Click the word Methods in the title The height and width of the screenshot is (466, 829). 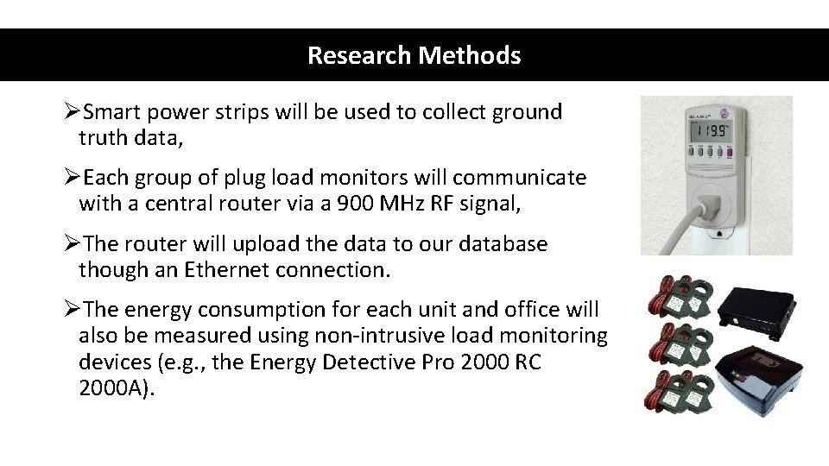[x=470, y=56]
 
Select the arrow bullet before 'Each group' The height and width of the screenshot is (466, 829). [x=72, y=179]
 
